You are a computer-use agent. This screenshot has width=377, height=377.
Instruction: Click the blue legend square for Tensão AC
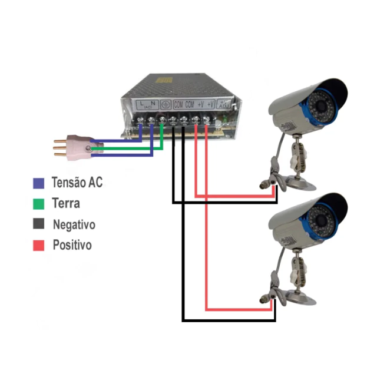pyautogui.click(x=39, y=183)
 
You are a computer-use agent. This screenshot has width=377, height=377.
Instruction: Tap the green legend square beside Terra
pyautogui.click(x=39, y=204)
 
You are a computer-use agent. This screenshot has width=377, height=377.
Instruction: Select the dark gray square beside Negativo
pyautogui.click(x=39, y=224)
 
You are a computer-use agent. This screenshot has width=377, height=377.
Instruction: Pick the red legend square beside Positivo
pyautogui.click(x=39, y=245)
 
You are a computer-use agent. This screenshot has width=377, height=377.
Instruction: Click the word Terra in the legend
pyautogui.click(x=66, y=204)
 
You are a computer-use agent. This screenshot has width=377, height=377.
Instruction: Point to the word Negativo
pyautogui.click(x=74, y=224)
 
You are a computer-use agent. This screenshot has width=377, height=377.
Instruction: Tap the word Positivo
pyautogui.click(x=72, y=245)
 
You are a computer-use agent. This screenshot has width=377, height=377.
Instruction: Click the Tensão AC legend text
pyautogui.click(x=77, y=183)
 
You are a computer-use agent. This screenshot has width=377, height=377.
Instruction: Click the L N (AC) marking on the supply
pyautogui.click(x=147, y=104)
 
